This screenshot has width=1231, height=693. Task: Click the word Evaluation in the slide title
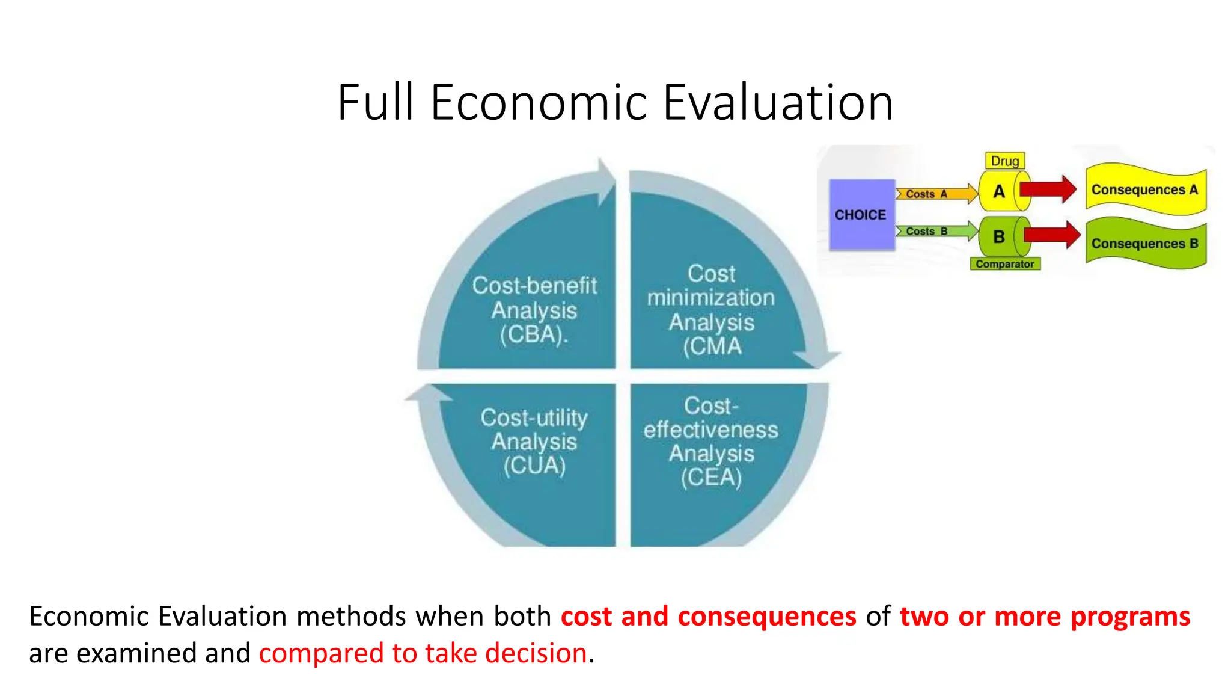(x=778, y=102)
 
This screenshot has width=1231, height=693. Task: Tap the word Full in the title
(x=376, y=102)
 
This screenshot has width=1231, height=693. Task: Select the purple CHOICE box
(x=861, y=215)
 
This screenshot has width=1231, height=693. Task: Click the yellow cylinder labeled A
(x=1000, y=191)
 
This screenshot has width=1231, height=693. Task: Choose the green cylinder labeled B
(x=1000, y=237)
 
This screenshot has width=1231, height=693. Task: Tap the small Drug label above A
(x=1004, y=161)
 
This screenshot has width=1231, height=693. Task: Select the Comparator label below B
(x=1004, y=264)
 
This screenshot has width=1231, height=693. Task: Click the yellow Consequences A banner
(x=1144, y=189)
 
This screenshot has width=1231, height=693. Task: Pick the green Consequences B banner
(x=1144, y=244)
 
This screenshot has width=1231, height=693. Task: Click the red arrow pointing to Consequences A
(x=1048, y=189)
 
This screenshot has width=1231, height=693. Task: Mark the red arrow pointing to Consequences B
(x=1052, y=235)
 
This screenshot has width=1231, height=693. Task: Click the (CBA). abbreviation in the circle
(x=534, y=335)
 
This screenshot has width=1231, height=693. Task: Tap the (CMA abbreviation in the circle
(x=712, y=347)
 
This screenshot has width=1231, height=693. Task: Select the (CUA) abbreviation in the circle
(x=534, y=466)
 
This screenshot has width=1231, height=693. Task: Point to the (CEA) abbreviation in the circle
(x=711, y=478)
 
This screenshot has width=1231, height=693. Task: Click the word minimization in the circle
(x=711, y=298)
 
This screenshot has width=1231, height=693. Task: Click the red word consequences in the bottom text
(x=766, y=617)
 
